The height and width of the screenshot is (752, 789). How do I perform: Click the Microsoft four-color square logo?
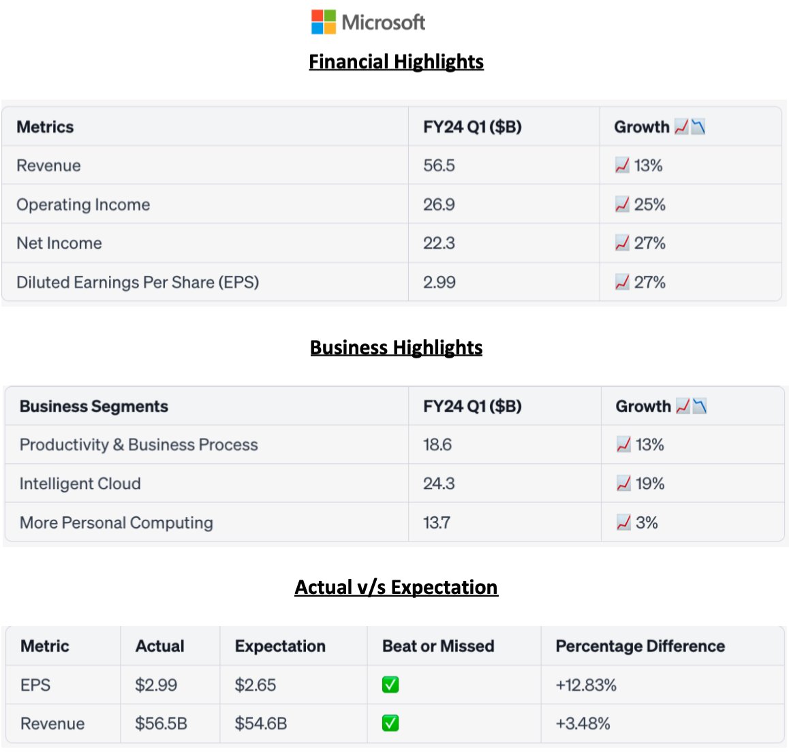pos(324,22)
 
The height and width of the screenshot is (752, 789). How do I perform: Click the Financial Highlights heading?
pos(396,62)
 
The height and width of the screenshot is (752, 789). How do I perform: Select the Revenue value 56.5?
pos(439,166)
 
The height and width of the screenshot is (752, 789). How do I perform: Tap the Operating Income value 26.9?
pos(439,204)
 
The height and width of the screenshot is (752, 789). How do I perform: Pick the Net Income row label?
pos(59,243)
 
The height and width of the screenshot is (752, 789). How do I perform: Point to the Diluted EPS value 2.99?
pos(439,282)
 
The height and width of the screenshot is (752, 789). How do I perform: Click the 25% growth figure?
pos(649,204)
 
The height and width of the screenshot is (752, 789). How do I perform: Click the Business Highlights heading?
pos(396,347)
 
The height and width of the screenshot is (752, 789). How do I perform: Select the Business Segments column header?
pos(94,406)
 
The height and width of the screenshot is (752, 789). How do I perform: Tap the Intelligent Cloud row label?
pos(80,484)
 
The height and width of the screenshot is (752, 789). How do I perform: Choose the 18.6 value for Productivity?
pos(437,445)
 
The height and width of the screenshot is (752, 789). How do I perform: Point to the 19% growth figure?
pos(649,484)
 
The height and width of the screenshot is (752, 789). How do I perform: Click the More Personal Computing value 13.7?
pos(437,522)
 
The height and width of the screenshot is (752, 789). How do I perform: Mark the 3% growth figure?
pos(646,522)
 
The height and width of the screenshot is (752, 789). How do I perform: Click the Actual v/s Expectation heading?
pos(396,587)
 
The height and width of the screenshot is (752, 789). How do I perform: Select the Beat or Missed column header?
pos(438,646)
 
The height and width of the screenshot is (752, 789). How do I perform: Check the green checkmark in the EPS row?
pos(390,685)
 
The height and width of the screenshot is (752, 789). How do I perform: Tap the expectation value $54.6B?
pos(261,723)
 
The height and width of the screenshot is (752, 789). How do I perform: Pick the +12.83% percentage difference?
pos(586,685)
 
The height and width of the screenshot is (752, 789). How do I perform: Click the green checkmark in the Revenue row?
pos(390,723)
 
